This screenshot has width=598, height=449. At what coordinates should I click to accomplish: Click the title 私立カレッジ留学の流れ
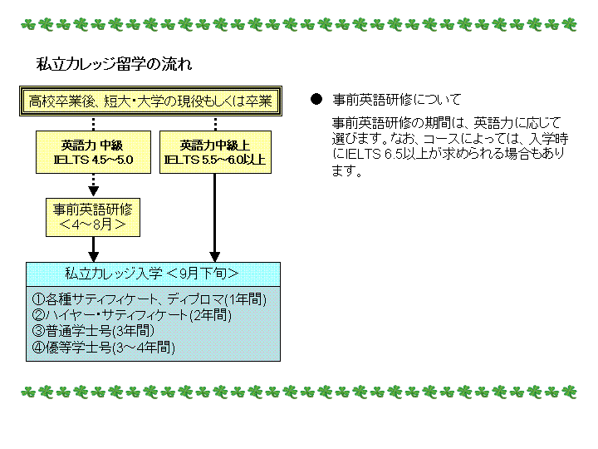coord(114,64)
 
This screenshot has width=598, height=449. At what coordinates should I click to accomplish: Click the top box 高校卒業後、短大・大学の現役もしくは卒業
coord(150,101)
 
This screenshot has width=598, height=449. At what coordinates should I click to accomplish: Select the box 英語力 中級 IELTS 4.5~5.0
coord(93,152)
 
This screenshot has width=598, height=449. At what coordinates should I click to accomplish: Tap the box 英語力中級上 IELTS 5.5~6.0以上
coord(215,152)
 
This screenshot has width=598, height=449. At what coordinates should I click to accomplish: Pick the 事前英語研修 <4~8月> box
coord(93,217)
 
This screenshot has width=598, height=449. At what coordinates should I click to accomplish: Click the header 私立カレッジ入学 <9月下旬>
coord(153,274)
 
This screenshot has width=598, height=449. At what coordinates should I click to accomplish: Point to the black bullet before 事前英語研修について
coord(316,99)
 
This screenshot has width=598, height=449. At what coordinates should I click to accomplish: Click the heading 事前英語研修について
coord(397,100)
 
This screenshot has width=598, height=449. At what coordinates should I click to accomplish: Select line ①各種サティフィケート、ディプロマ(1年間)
coord(149,299)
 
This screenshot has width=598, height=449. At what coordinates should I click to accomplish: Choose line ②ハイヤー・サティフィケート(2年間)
coord(131,315)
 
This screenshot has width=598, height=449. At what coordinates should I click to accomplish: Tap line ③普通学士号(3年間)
coord(93,331)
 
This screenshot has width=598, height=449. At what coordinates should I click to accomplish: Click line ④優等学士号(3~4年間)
coord(103,348)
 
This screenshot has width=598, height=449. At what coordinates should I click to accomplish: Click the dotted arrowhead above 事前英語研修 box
coord(93,191)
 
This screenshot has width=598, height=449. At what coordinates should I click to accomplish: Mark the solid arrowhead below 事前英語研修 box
coord(93,256)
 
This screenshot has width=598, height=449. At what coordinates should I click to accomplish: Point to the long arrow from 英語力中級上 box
coord(215,218)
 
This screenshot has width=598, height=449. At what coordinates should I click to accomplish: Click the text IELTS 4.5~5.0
coord(93,160)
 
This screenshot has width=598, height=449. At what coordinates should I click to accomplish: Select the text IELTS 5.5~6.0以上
coord(215,160)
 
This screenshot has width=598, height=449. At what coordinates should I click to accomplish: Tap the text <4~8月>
coord(93,224)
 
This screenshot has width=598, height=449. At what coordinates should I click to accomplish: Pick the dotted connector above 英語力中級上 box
coord(215,124)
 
